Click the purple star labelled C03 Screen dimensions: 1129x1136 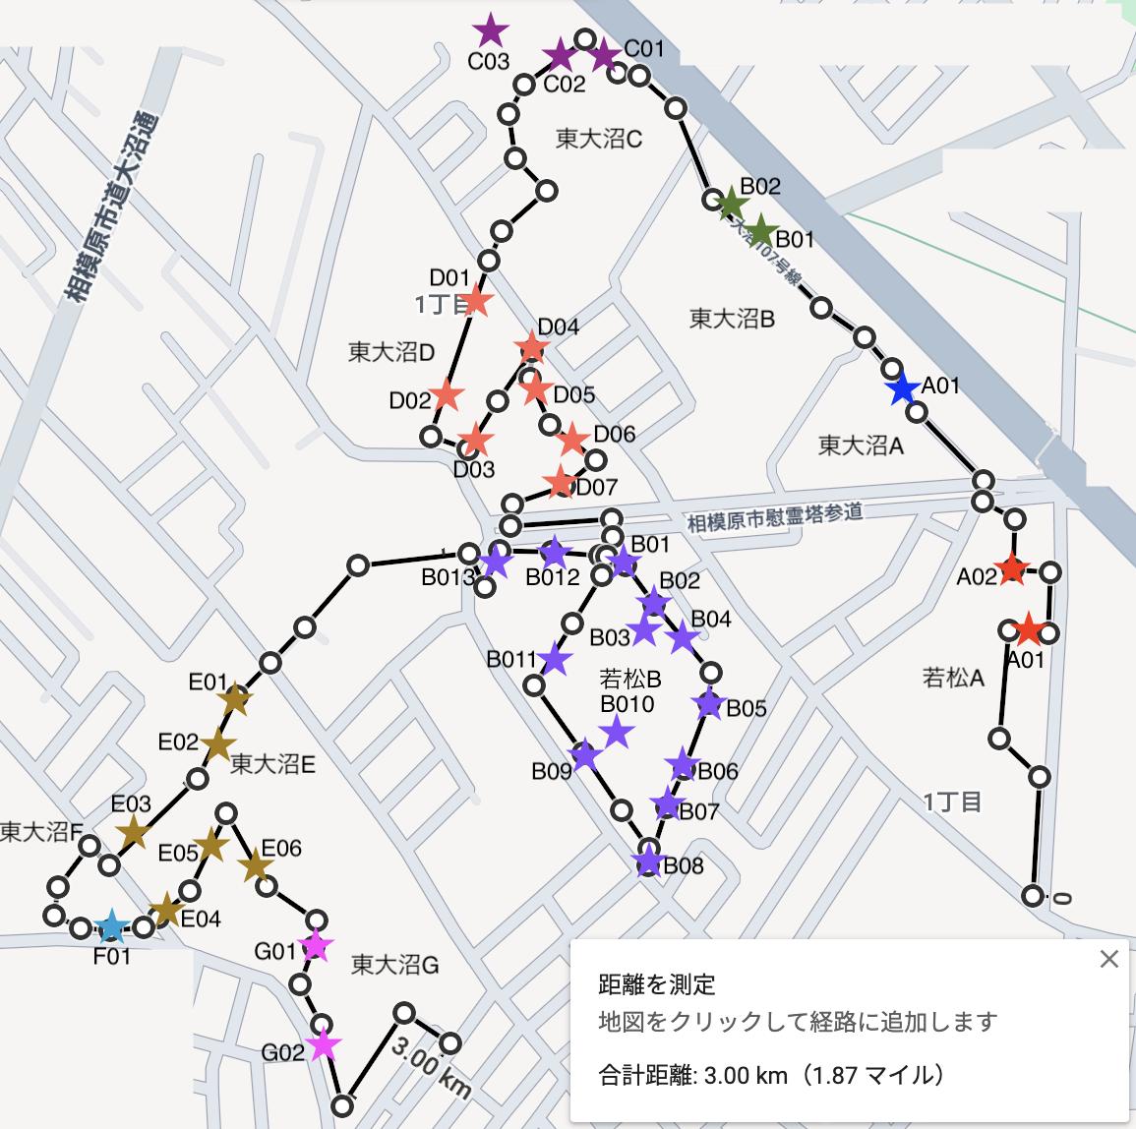point(489,31)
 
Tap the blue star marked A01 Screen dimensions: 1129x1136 point(902,389)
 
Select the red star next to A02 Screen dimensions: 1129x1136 point(1011,570)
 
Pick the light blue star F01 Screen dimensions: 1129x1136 point(111,926)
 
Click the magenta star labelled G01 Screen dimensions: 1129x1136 point(316,946)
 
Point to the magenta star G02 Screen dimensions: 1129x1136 point(324,1044)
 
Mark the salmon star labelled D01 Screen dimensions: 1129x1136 point(475,300)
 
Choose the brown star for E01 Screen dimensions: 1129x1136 point(235,700)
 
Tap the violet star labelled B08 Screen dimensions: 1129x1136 point(648,862)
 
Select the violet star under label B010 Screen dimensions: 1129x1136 point(617,732)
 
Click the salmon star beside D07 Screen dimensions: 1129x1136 point(561,483)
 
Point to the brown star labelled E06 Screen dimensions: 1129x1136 point(256,866)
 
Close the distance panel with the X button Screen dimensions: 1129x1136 point(1108,959)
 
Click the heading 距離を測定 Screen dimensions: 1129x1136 point(657,984)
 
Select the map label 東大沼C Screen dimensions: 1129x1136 point(598,139)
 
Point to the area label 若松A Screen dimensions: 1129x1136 point(952,678)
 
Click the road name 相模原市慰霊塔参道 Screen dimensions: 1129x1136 point(774,516)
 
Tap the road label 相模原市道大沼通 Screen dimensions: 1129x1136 point(109,208)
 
